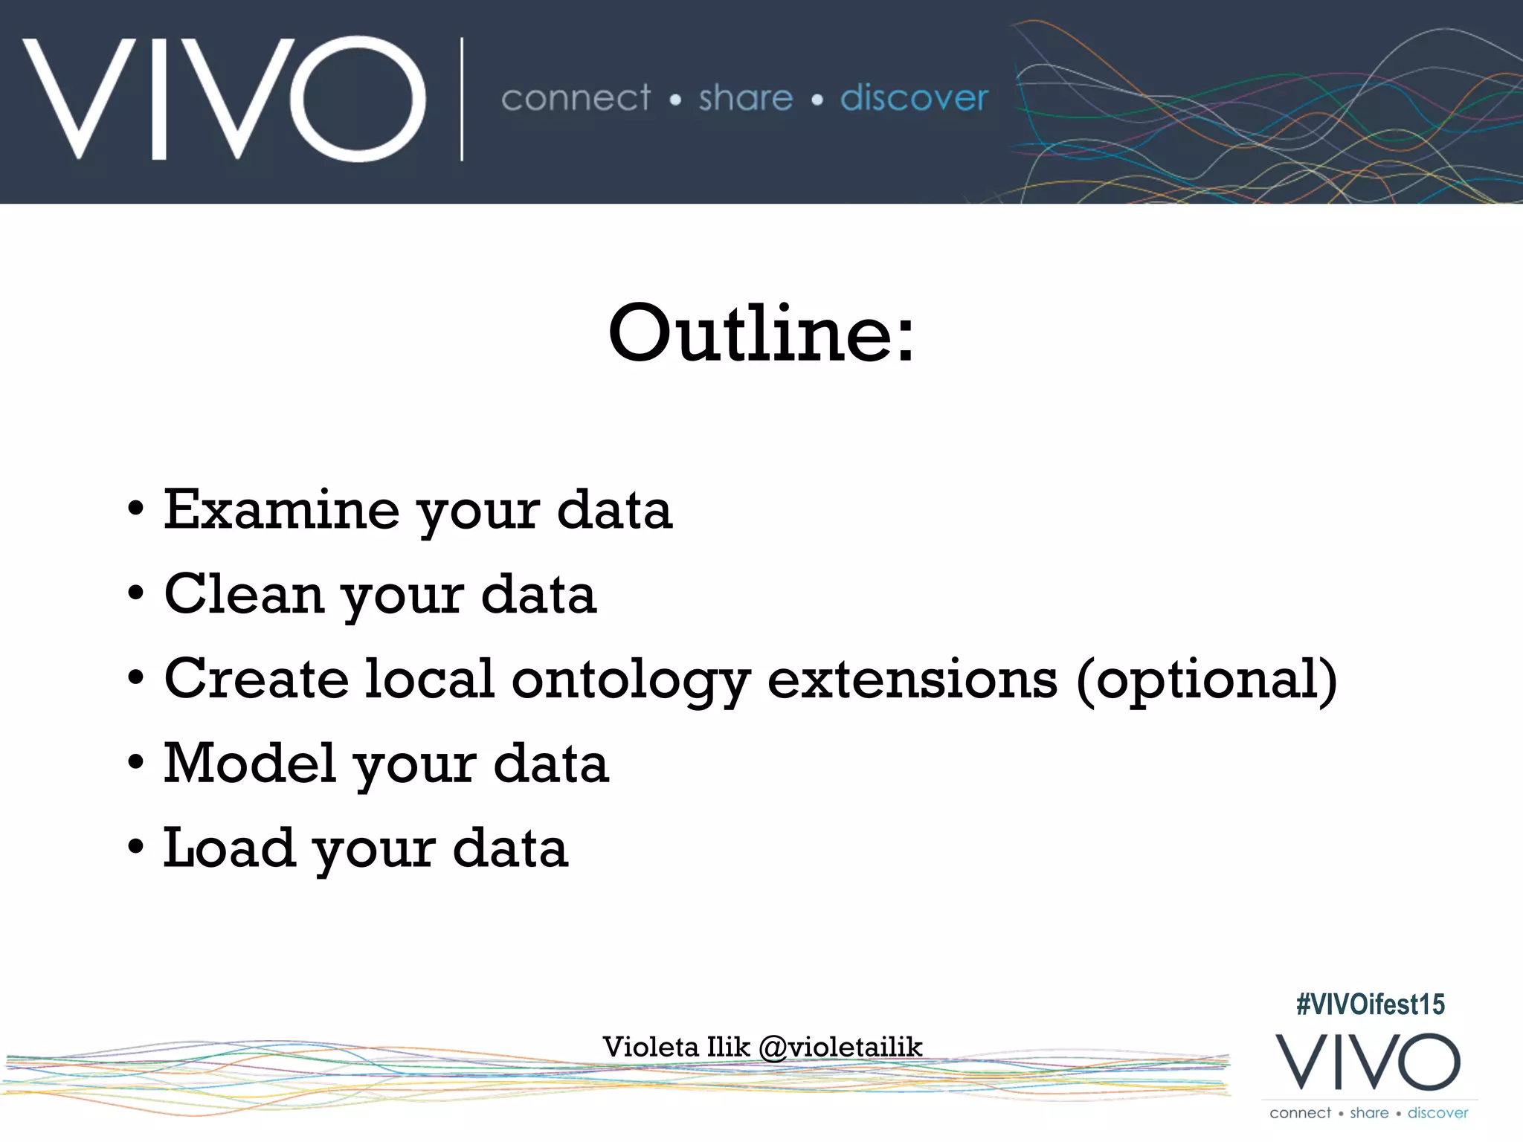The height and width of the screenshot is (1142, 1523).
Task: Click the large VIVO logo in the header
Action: tap(223, 98)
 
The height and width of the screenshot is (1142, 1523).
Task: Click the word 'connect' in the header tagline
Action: tap(576, 98)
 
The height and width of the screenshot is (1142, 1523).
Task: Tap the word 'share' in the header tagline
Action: tap(745, 98)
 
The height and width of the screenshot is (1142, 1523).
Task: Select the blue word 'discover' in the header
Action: tap(914, 98)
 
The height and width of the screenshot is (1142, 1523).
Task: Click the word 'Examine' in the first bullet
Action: tap(281, 510)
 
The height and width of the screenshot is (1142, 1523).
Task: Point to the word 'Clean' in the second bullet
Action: tap(244, 594)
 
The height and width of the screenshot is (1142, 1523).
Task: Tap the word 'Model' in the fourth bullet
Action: tap(250, 764)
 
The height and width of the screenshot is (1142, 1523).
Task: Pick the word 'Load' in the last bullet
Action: tap(229, 848)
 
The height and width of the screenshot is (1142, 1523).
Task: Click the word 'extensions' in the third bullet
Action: tap(912, 679)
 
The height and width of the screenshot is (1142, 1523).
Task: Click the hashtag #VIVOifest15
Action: tap(1370, 1004)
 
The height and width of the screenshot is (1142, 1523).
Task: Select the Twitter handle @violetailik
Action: tap(840, 1048)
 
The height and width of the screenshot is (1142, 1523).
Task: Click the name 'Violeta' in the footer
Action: tap(651, 1047)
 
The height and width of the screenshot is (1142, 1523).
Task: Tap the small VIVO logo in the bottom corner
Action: tap(1368, 1062)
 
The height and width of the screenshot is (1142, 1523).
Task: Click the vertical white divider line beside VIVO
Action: tap(462, 100)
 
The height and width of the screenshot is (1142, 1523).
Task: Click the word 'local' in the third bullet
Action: tap(429, 679)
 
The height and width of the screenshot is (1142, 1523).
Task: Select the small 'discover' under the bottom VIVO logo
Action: tap(1437, 1113)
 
